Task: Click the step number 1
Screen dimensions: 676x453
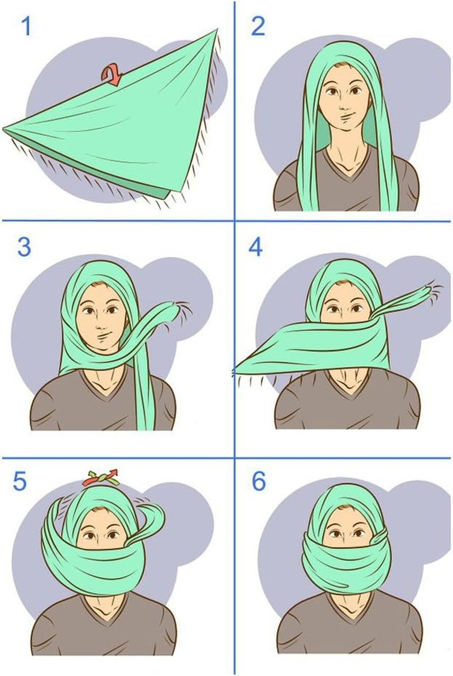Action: coord(25,27)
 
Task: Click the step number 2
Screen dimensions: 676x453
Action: coord(258,26)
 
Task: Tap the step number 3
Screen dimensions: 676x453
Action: coord(24,247)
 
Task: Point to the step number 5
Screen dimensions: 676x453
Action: coord(20,482)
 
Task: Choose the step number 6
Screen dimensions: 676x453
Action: coord(258,481)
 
